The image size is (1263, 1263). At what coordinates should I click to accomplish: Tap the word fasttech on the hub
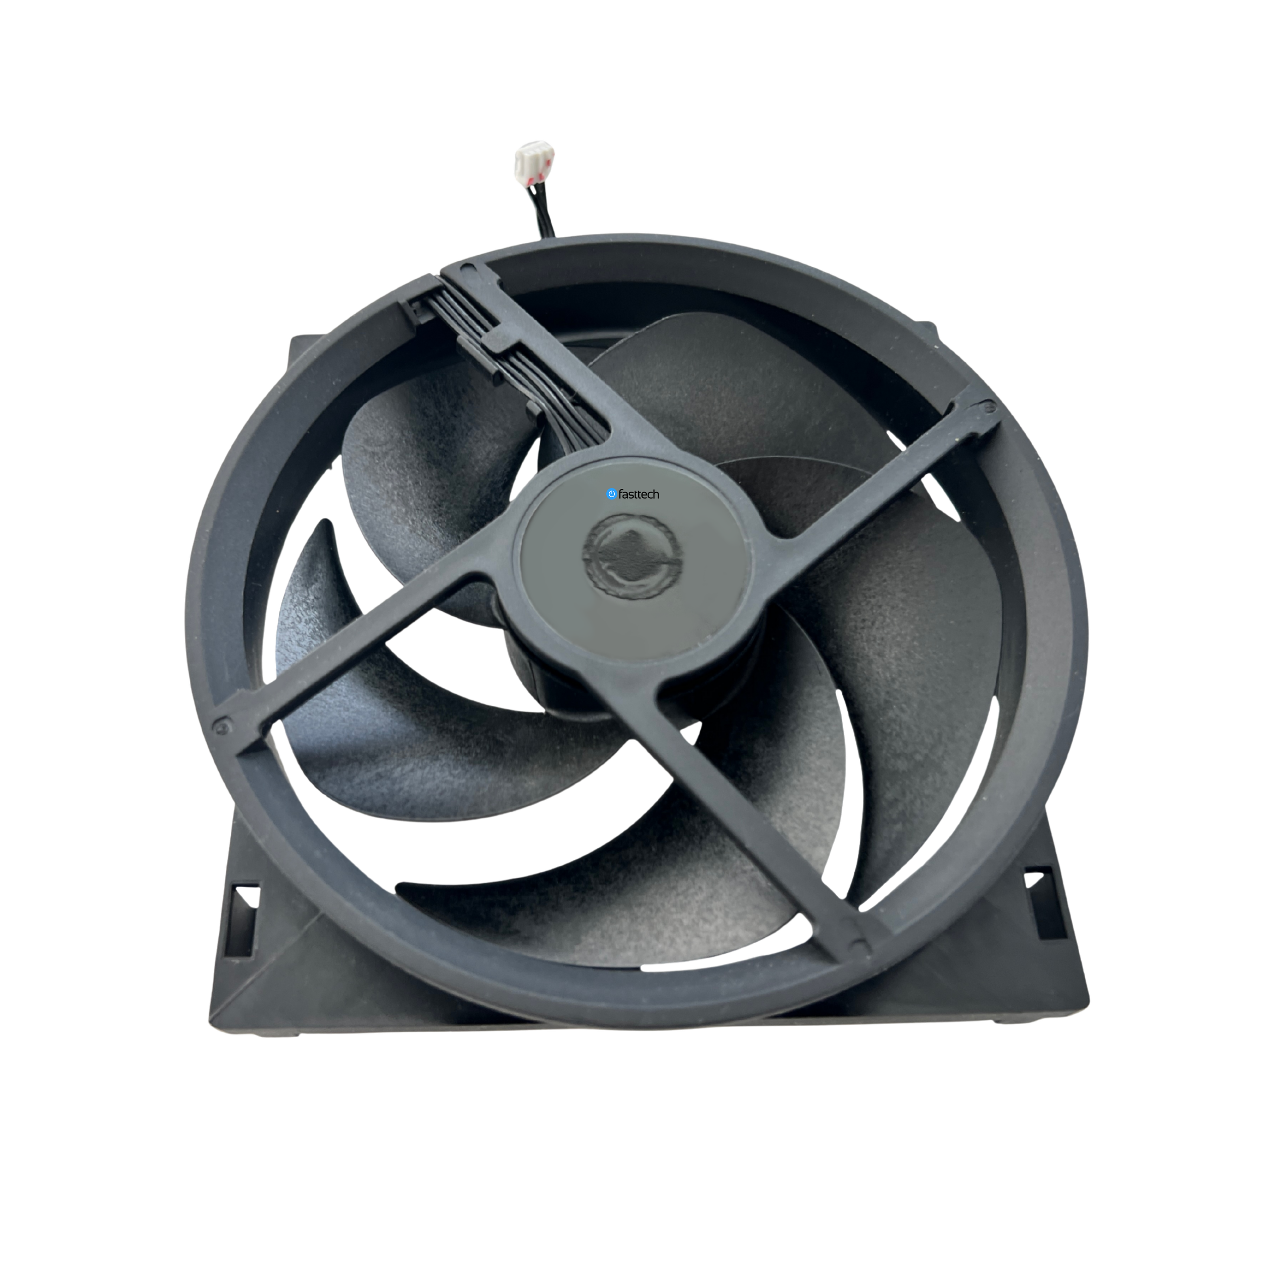639,494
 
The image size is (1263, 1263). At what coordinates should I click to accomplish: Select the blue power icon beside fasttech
611,494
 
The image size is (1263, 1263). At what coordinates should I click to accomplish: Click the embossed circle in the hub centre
631,556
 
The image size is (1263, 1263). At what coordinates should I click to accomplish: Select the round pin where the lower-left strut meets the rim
225,723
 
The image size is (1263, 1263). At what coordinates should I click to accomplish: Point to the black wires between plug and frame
544,216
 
